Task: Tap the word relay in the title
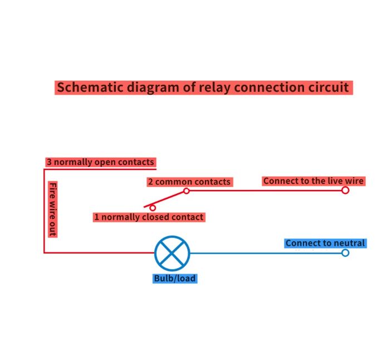coord(216,87)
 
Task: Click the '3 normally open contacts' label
coord(100,162)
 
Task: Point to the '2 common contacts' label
coord(189,182)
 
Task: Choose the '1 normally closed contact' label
coord(149,217)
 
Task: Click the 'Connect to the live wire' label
coord(313,181)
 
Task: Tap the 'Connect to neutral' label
coord(325,243)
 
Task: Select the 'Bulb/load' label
coord(175,278)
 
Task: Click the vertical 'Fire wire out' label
coord(53,208)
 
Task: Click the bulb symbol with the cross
coord(172,253)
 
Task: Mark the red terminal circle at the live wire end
coord(345,190)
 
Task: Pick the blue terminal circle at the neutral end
coord(345,253)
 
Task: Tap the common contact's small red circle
coord(187,191)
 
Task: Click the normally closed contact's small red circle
coord(153,208)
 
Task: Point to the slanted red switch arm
coord(166,198)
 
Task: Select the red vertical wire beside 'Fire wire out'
coord(44,212)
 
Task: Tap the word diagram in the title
coord(153,87)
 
